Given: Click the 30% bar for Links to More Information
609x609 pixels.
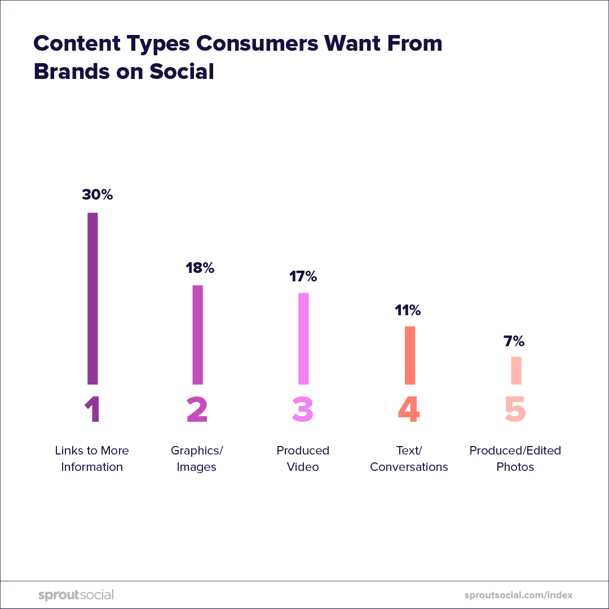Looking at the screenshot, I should pos(92,298).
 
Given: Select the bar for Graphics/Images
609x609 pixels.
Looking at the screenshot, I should pos(197,334).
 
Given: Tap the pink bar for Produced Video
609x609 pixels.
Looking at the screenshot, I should pos(303,338).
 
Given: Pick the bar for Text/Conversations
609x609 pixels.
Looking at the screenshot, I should pos(410,355).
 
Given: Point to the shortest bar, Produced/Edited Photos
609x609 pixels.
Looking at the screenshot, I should pos(516,370).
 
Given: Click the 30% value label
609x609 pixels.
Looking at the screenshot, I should pos(98,195).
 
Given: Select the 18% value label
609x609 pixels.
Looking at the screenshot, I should pos(200,268).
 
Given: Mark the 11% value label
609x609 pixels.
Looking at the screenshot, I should pos(408,310).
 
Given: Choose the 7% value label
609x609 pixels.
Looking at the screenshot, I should pos(514,341).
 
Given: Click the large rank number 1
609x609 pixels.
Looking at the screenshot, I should pos(92,409).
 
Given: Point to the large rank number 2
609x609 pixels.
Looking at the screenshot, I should pos(197,409).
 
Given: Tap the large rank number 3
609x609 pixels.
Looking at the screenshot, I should pos(303,409).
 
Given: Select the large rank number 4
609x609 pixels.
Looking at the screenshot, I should pos(409,409).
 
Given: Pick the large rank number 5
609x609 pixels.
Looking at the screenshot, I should pos(515,409).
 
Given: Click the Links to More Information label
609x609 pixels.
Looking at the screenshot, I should pos(92,458).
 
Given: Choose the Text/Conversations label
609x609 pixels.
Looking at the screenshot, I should pos(409,458).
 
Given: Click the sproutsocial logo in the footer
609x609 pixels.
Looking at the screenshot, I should pos(76,595).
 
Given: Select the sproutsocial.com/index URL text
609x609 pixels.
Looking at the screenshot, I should pos(518,595).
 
